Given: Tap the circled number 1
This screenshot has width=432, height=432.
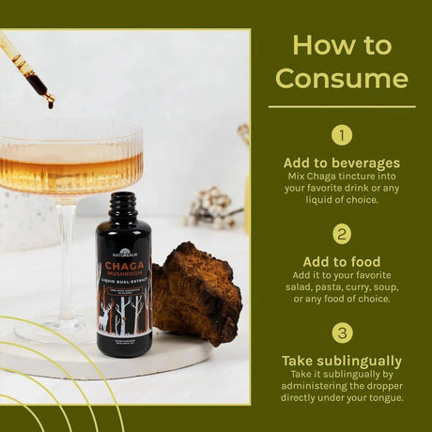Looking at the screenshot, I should pyautogui.click(x=342, y=135).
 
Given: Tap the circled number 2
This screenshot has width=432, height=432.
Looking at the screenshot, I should pyautogui.click(x=342, y=234).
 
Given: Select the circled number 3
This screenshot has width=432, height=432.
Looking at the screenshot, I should pyautogui.click(x=342, y=332).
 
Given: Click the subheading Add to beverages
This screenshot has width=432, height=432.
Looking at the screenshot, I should pyautogui.click(x=342, y=162).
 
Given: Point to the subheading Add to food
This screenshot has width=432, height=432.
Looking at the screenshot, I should pyautogui.click(x=342, y=261).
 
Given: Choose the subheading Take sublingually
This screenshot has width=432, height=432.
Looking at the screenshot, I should pyautogui.click(x=342, y=361).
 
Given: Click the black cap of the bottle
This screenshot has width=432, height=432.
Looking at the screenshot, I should pyautogui.click(x=122, y=204).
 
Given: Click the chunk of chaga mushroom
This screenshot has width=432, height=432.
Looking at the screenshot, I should pyautogui.click(x=196, y=292).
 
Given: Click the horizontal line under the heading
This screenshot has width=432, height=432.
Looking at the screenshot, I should pyautogui.click(x=342, y=106).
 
